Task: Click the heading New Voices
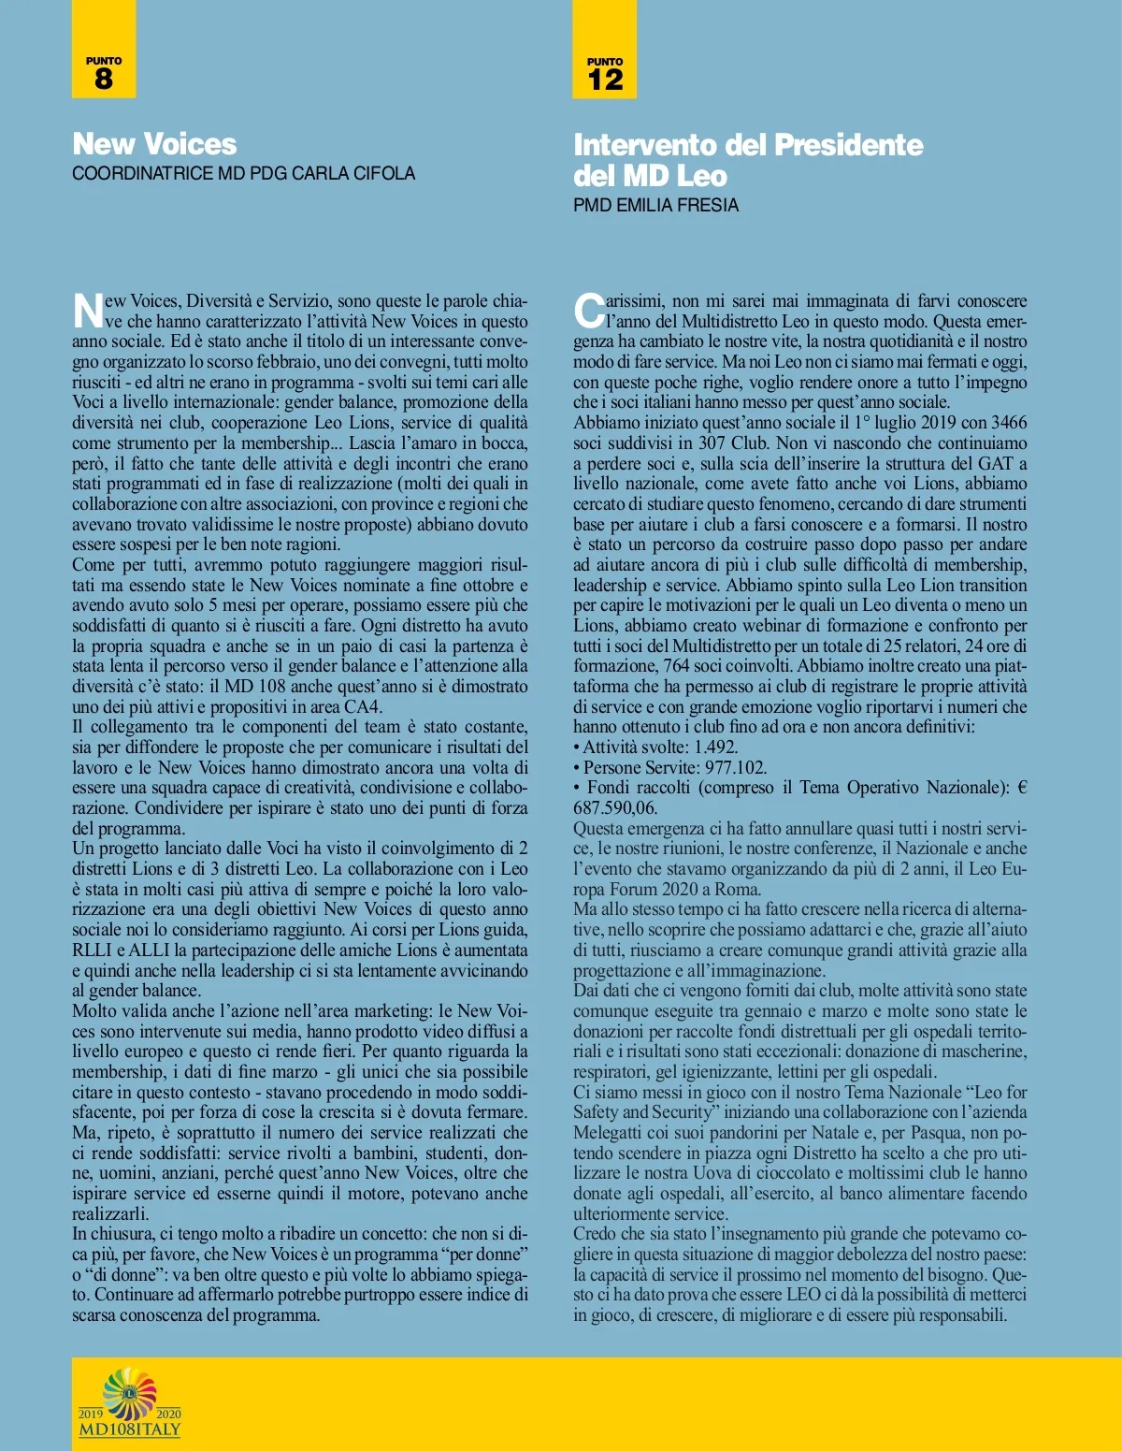154,144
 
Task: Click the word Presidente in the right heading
848,145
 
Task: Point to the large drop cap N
87,311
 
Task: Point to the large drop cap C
589,311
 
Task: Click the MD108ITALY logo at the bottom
129,1403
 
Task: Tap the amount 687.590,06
615,807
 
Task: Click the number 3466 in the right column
1009,422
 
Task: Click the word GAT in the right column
996,463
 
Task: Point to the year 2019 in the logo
91,1414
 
